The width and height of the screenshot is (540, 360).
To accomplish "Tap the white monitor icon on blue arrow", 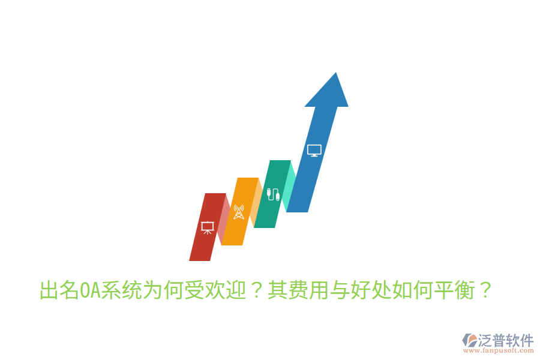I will click(314, 150).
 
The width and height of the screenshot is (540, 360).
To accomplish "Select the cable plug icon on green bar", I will click(273, 194).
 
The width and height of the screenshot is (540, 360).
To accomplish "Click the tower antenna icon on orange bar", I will click(239, 212).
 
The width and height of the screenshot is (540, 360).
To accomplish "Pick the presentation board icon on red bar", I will click(207, 227).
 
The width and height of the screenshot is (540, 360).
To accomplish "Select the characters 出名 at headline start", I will click(59, 292).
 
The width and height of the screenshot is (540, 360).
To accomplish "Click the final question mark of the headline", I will click(485, 292).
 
